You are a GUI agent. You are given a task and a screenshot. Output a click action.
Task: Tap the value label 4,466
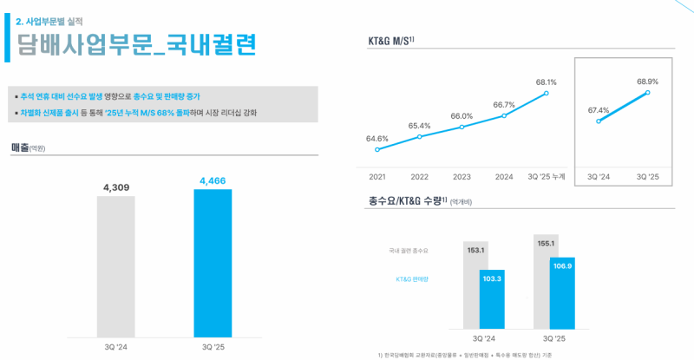pos(213,180)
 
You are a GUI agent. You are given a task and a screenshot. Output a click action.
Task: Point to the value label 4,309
pos(116,187)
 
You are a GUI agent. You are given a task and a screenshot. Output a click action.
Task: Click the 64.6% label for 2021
pos(377,138)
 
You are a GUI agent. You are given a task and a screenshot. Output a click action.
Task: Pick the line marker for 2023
pos(462,128)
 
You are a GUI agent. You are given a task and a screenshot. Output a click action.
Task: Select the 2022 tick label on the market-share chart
pos(419,176)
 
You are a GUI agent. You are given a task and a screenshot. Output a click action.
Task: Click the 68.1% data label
pos(547,82)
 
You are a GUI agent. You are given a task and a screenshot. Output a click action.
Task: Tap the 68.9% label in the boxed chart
pos(647,82)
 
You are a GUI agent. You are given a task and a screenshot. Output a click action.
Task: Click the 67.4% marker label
pos(599,110)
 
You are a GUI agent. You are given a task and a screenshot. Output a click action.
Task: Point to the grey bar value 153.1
pos(475,251)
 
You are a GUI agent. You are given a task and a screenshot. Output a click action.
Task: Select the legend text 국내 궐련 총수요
pos(409,251)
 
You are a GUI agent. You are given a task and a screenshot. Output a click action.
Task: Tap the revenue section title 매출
pos(21,147)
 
